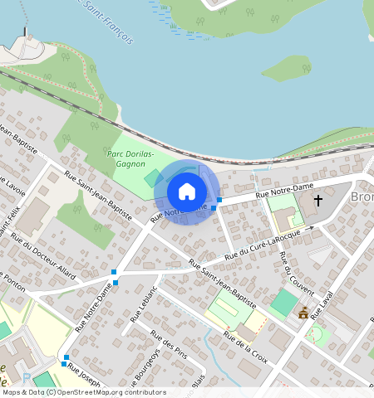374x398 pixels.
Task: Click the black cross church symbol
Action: tap(317, 201)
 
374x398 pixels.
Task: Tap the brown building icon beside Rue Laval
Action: tap(303, 313)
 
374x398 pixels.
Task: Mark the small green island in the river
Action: tap(286, 68)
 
